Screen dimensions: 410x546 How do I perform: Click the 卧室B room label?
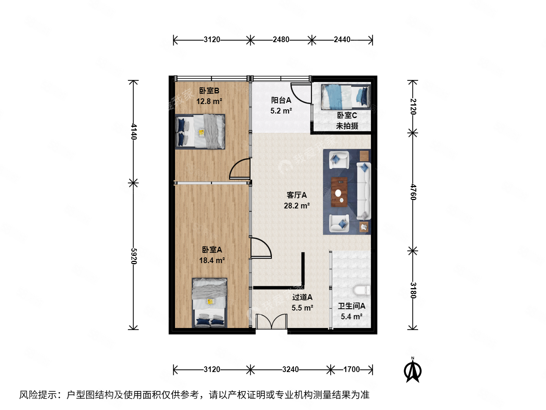[209, 91]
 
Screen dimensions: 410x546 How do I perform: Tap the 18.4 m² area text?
[212, 260]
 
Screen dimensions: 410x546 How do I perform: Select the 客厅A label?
[297, 195]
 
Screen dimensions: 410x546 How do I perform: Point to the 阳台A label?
[281, 100]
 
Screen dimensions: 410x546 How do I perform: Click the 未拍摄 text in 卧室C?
[347, 126]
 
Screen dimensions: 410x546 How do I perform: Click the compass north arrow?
[413, 371]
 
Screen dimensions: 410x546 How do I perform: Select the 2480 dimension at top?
[281, 39]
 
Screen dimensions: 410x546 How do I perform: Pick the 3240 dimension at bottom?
[290, 369]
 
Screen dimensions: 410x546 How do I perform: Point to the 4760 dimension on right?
[413, 192]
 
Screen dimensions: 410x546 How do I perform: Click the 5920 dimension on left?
[133, 256]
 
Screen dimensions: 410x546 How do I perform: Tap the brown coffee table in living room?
[339, 192]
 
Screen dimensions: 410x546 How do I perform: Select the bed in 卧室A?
[210, 303]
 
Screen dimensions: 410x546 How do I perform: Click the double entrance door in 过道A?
[271, 322]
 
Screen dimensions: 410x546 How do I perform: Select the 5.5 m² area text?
[302, 308]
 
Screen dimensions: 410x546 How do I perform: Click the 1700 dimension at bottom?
[351, 369]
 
